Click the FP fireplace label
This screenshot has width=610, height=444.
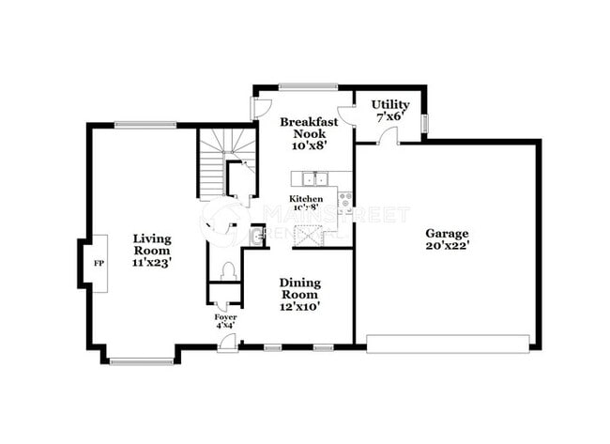pos(97,264)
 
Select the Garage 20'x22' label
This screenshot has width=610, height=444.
pos(447,239)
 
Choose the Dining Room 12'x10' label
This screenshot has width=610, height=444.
pos(299,294)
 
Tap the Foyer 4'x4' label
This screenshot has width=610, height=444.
pos(225,322)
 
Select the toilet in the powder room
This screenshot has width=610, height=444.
pos(226,271)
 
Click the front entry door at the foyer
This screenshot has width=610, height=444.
pos(226,344)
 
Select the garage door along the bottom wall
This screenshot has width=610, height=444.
pos(447,344)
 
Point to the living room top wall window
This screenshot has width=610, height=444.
pos(145,124)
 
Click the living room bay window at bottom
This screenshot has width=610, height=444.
pos(141,360)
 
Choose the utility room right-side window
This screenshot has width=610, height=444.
pos(424,123)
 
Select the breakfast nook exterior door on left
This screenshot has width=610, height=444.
pos(259,107)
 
